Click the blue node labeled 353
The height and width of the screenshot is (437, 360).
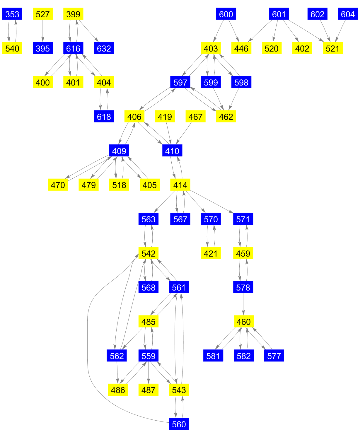pos(12,14)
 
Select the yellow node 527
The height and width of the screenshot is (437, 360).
pos(43,14)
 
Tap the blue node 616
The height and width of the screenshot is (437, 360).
pos(73,48)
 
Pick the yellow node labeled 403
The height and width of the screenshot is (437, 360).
pos(211,48)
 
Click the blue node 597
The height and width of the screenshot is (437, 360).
pos(180,82)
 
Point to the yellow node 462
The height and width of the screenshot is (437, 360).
pos(226,117)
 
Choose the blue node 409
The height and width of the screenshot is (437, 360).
pos(119,151)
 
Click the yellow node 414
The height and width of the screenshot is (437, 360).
pos(180,185)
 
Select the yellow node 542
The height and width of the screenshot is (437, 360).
pos(149,253)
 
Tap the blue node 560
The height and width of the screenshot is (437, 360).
pos(179,424)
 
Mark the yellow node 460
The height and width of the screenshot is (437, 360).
pos(243,322)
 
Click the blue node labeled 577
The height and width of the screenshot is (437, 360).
pos(274,356)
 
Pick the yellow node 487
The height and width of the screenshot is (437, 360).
pos(149,390)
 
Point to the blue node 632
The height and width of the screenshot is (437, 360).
pos(104,48)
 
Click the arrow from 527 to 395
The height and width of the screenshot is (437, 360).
pos(43,31)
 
